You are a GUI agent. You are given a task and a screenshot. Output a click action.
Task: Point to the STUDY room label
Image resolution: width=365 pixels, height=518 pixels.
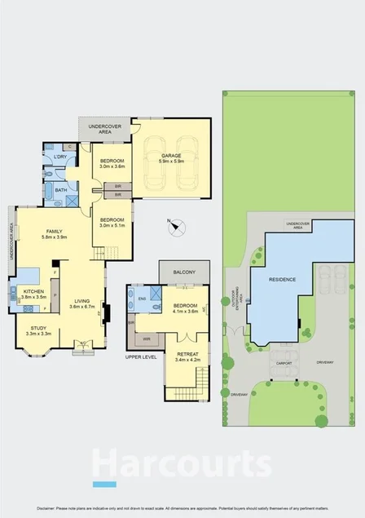tap(38, 328)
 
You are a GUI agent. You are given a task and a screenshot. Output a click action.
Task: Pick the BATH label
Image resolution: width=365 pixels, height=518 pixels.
tap(61, 189)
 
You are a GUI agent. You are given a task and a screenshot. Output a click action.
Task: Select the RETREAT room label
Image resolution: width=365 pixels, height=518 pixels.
tap(187, 353)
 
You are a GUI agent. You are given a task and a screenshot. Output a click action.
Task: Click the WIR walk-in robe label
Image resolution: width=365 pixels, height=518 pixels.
tap(147, 338)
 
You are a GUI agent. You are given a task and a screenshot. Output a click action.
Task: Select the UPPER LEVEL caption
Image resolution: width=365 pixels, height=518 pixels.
tap(140, 357)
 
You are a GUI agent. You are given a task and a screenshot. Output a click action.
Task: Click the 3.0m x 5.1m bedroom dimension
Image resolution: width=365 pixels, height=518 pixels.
tap(112, 224)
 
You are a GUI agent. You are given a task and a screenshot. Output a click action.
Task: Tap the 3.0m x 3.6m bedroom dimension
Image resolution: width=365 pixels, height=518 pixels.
tap(112, 166)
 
